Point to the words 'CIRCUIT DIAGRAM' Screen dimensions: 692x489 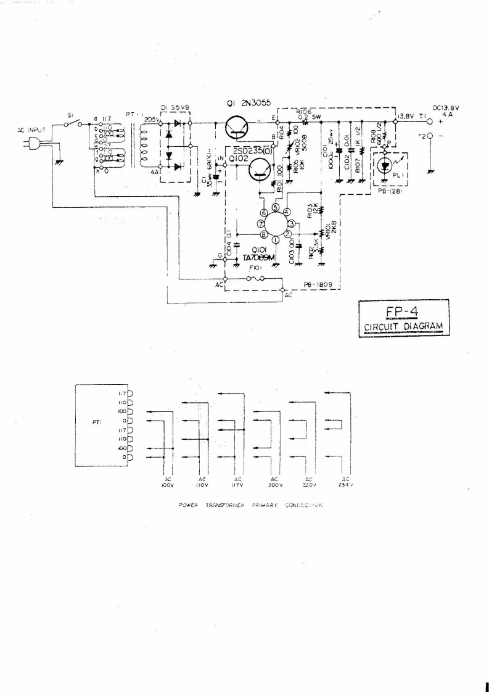(405, 326)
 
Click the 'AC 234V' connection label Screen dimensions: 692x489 (346, 482)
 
